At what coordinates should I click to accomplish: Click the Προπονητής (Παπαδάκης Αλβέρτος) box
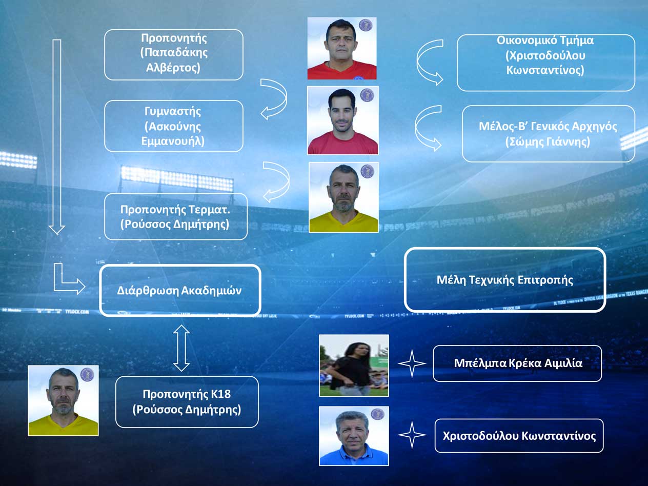pos(174,54)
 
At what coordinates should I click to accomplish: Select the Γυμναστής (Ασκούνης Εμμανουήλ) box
pos(174,126)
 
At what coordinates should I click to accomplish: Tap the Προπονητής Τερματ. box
pos(176,216)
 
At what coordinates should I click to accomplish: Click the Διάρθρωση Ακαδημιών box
pos(180,290)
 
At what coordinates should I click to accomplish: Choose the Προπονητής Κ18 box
pos(187,402)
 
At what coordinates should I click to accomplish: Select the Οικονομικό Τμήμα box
pos(546,63)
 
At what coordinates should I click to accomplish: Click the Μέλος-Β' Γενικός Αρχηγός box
pos(549,134)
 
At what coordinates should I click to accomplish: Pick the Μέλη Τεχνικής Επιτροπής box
pos(505,280)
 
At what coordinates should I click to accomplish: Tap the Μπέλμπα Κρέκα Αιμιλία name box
pos(517,363)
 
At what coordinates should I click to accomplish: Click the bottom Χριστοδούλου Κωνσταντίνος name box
pos(519,436)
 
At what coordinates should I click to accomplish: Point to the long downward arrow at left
pos(57,136)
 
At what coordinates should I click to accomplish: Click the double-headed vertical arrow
pos(181,348)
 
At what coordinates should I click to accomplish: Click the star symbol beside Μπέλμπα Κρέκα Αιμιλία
pos(412,363)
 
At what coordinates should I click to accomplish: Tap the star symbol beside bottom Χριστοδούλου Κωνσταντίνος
pos(412,435)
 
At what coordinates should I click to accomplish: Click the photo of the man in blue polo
pos(354,436)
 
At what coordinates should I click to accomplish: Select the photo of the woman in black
pos(354,366)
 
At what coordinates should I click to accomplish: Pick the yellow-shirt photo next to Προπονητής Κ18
pos(63,400)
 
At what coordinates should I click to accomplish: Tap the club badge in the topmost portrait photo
pos(366,25)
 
